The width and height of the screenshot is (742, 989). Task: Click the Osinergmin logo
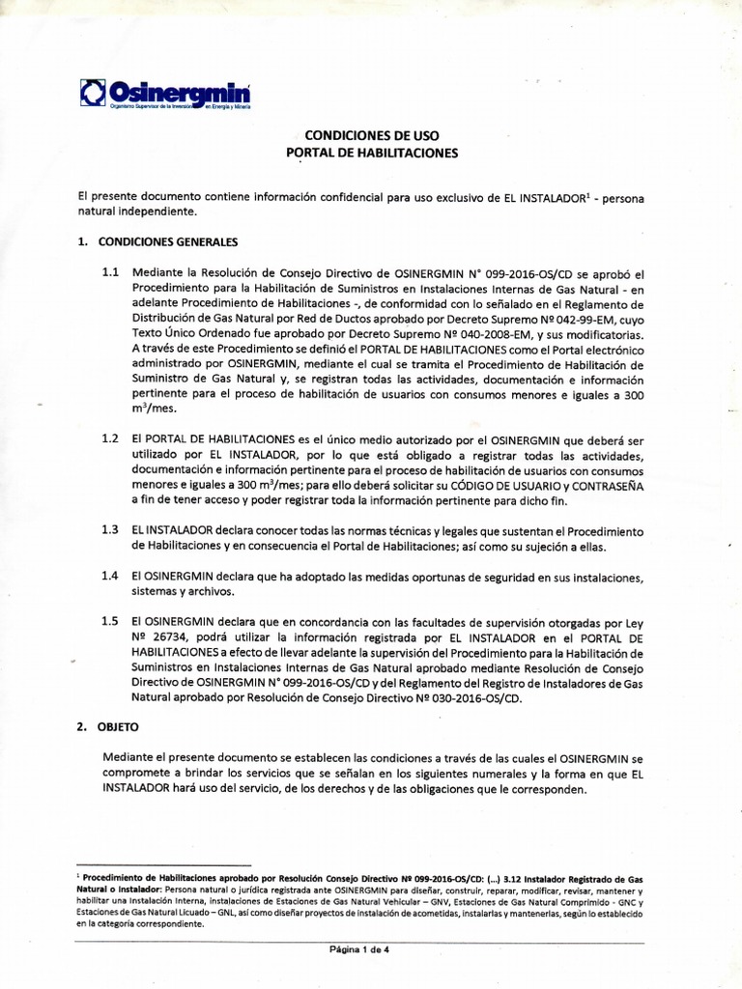coord(165,94)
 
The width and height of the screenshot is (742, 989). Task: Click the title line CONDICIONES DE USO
coord(372,136)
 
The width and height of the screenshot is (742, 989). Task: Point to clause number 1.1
coord(111,273)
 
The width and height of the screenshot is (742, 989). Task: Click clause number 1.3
coord(111,530)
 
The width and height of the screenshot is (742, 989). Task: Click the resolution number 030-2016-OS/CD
coord(467,698)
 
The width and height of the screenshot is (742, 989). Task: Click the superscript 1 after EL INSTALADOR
coord(591,193)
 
